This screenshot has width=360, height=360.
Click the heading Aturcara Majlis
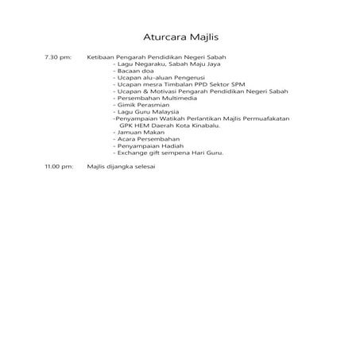click(x=180, y=37)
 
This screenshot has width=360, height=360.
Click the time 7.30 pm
click(x=59, y=59)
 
